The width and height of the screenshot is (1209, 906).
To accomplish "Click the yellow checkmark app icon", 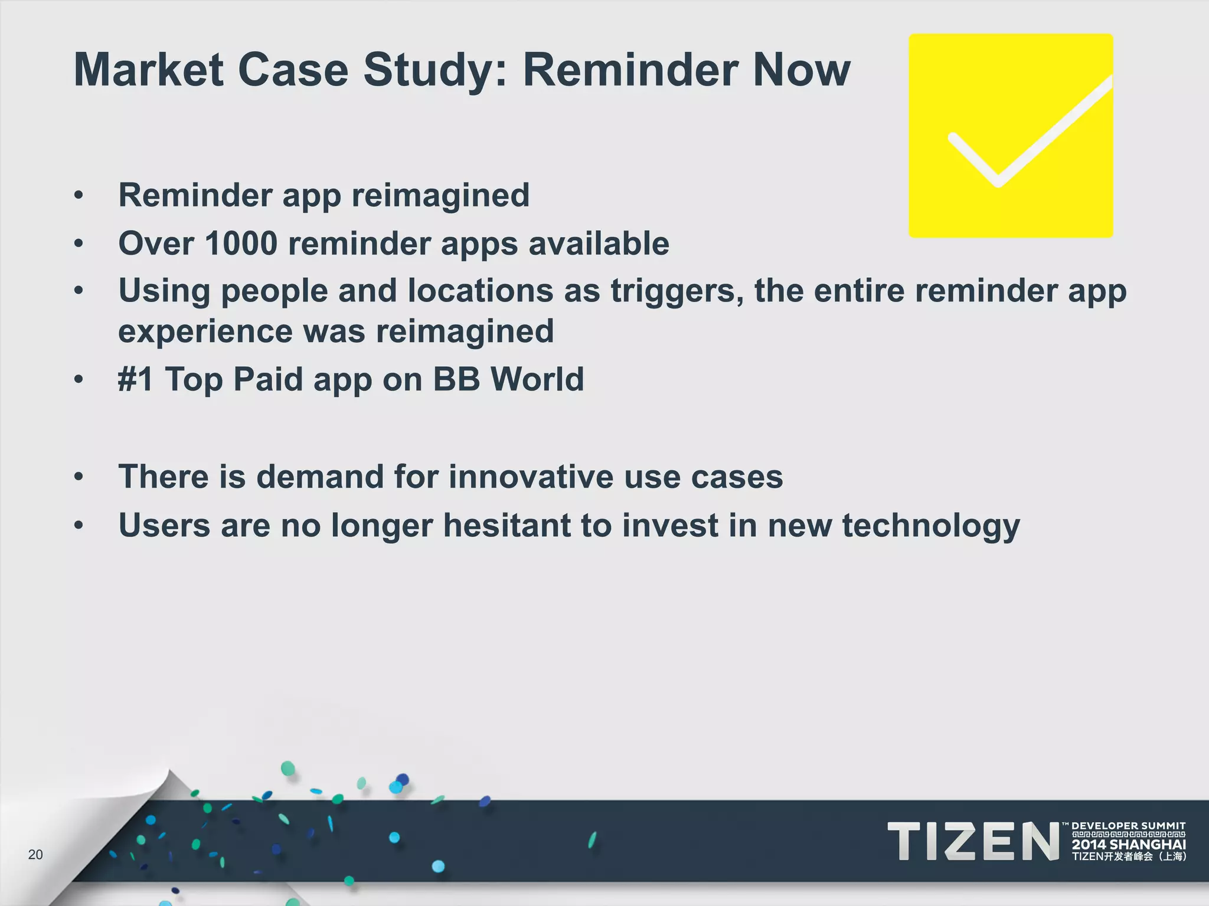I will (x=1011, y=136).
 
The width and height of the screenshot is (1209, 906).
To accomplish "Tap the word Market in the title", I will (x=148, y=70).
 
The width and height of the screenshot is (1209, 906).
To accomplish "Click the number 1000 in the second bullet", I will (x=241, y=243).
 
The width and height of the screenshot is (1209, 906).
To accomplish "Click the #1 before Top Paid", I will (x=136, y=379).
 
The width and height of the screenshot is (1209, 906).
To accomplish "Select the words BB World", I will (x=508, y=379).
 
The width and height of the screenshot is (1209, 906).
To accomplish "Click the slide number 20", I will (x=35, y=855).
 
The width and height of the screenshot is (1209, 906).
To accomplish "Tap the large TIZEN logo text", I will (x=973, y=841).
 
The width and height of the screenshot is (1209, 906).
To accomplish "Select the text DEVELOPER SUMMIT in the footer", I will (x=1128, y=826).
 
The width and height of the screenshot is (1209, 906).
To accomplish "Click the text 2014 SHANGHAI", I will (x=1128, y=845).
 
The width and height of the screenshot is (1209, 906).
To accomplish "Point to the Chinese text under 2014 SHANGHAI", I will (x=1128, y=857).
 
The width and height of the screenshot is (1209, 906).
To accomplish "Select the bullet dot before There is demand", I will (x=79, y=477).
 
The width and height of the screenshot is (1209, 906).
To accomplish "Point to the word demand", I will (x=319, y=477).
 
